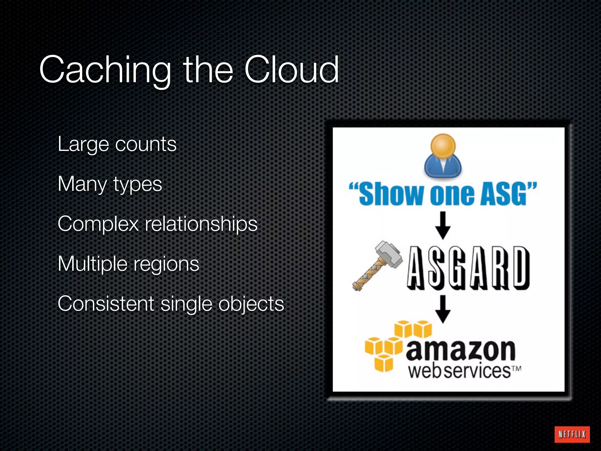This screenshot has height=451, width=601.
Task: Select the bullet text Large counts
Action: click(x=117, y=144)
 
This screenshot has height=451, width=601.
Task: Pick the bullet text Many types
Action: click(x=110, y=184)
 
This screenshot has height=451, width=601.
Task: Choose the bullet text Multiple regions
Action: click(x=129, y=264)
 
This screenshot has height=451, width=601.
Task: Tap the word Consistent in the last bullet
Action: click(x=106, y=304)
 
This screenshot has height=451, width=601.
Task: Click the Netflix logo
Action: click(x=572, y=434)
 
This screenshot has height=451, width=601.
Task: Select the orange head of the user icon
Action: click(x=443, y=146)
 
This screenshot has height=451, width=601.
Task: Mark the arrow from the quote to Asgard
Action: click(x=443, y=225)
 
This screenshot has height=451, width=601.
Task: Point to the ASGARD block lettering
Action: click(x=468, y=267)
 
